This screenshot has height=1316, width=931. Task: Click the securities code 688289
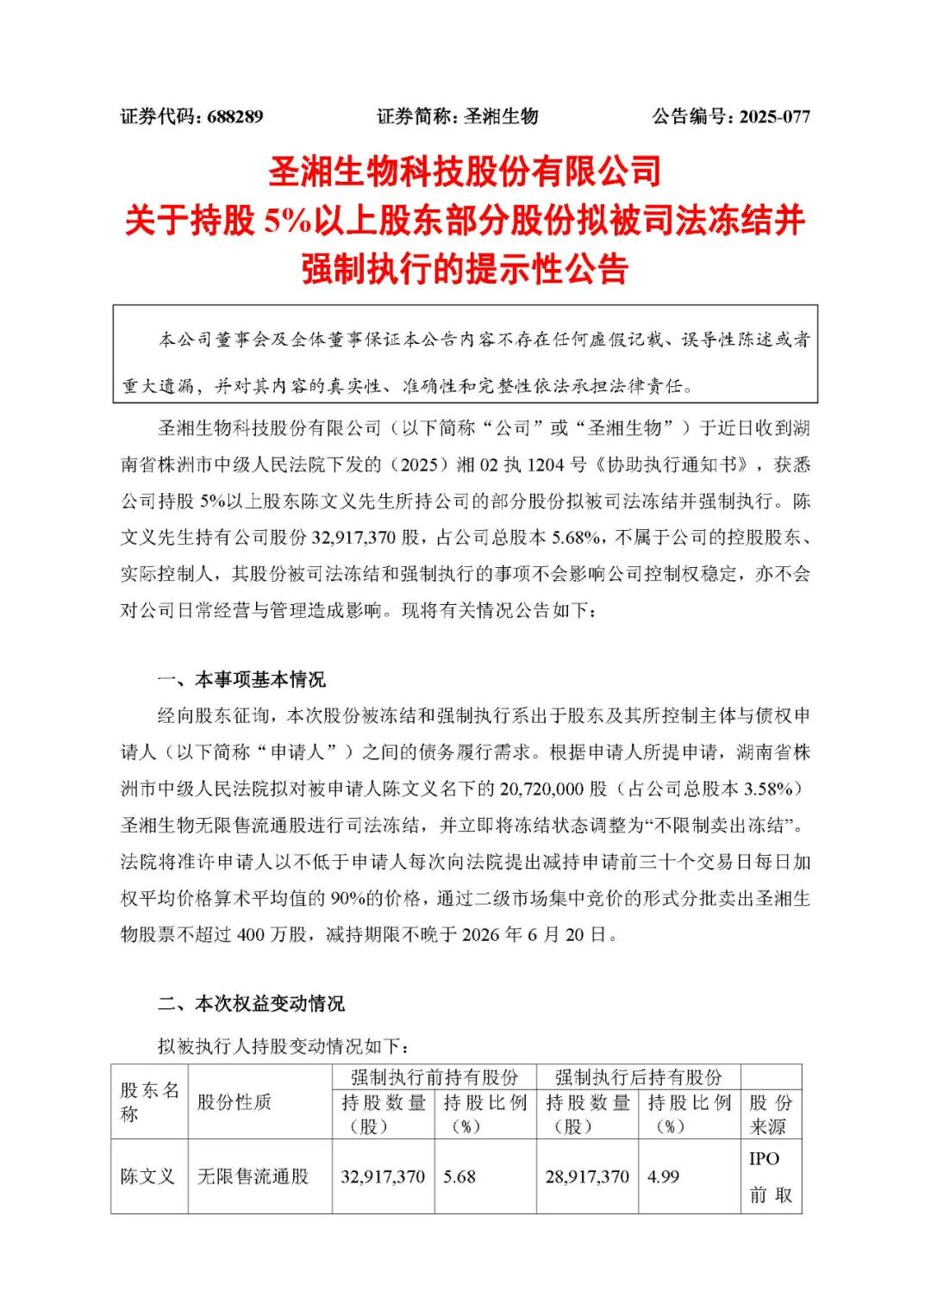point(234,116)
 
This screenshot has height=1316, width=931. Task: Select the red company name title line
point(465,172)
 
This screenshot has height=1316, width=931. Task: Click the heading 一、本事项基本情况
point(241,680)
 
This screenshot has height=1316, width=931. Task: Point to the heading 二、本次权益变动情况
point(251,1003)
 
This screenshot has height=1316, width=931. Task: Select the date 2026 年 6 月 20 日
point(540,934)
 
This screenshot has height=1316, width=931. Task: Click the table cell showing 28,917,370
point(587,1176)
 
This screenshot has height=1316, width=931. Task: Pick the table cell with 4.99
point(663,1176)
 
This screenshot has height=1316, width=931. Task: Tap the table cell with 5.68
point(459,1176)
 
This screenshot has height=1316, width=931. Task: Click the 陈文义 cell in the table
point(147,1176)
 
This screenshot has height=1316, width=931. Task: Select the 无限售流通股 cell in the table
point(253,1176)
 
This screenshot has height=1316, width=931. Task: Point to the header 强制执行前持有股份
point(434,1077)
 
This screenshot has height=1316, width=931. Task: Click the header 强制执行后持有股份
point(638,1077)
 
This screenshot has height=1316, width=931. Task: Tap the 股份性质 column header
point(234,1102)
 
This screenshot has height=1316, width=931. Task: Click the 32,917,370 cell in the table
point(383,1176)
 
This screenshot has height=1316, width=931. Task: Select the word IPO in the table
point(764,1159)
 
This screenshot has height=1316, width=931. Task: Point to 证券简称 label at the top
point(416,116)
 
